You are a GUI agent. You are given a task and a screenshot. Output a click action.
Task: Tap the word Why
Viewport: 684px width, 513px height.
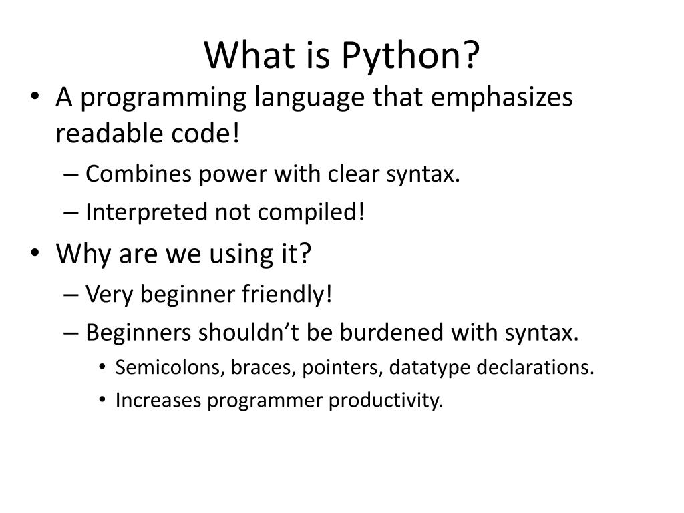[x=79, y=254]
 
